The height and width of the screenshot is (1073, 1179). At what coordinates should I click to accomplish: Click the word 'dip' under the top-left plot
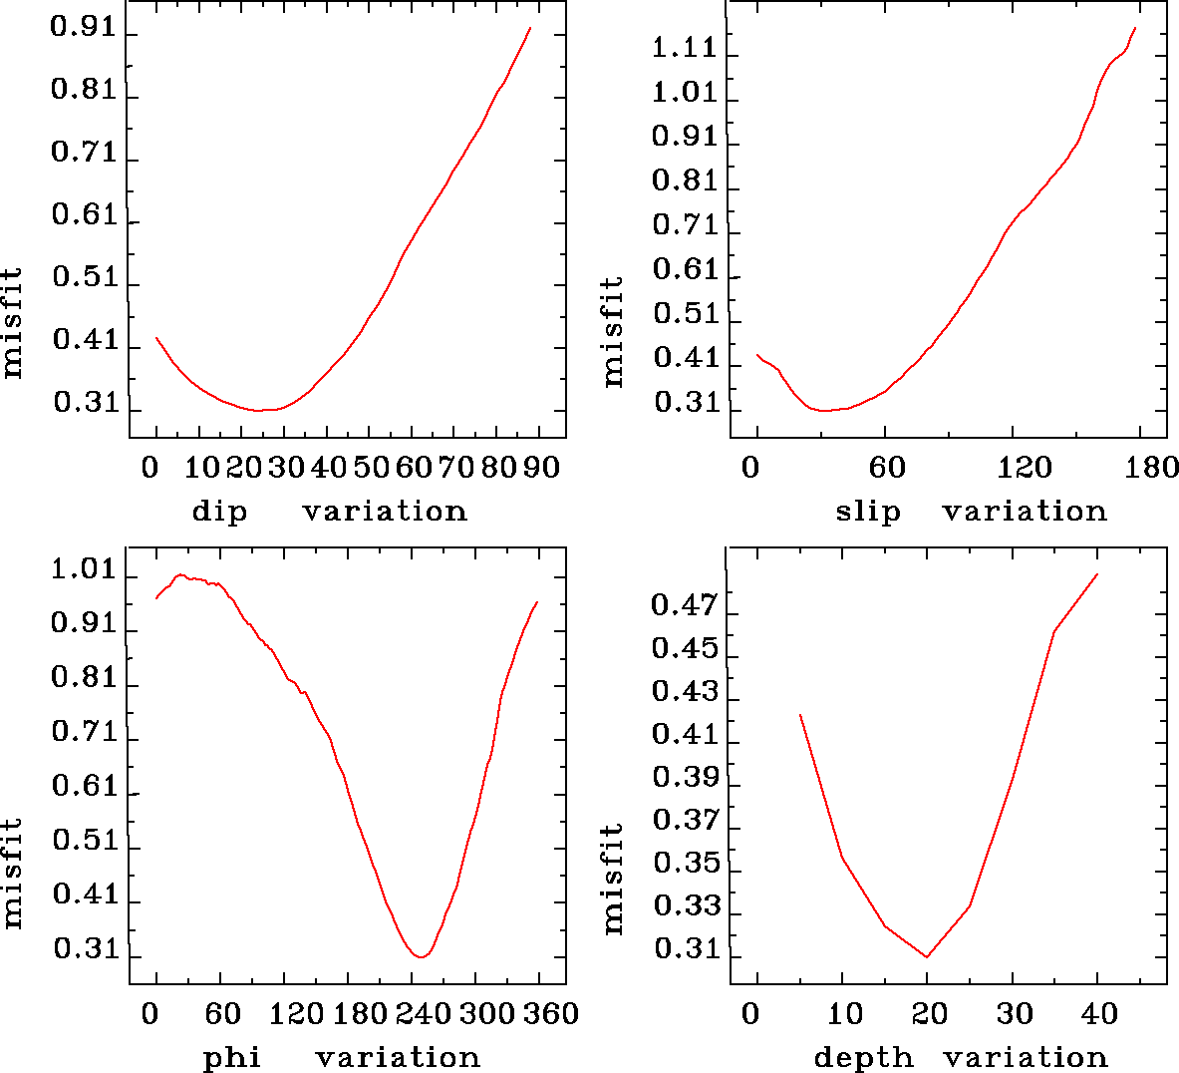pos(218,512)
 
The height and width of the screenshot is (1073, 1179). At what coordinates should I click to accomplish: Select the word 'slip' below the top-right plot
pos(867,512)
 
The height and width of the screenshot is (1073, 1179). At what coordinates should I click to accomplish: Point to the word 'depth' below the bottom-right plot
pos(863,1057)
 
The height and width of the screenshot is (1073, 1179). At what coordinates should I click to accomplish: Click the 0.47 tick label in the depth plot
pos(685,605)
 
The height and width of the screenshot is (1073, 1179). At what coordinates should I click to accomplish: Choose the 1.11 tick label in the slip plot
pos(685,47)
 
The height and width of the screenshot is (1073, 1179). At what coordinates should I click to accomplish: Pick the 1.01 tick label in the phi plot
pos(84,571)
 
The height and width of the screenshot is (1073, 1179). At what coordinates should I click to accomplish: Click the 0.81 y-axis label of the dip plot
pos(84,91)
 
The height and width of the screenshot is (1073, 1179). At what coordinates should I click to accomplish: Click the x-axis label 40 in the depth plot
pos(1099,1014)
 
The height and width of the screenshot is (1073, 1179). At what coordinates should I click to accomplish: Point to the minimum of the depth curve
pos(927,957)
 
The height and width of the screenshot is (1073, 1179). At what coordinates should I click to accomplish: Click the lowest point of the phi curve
pos(422,957)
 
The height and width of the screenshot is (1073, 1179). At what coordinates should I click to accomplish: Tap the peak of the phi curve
pos(180,574)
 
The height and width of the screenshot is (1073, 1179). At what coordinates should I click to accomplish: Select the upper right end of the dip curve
pos(530,28)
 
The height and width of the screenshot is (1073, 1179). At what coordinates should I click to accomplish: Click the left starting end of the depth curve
pos(799,714)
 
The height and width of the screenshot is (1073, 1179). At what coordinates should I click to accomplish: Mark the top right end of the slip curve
pos(1135,28)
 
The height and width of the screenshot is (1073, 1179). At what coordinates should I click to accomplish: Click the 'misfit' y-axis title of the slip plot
pos(612,332)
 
